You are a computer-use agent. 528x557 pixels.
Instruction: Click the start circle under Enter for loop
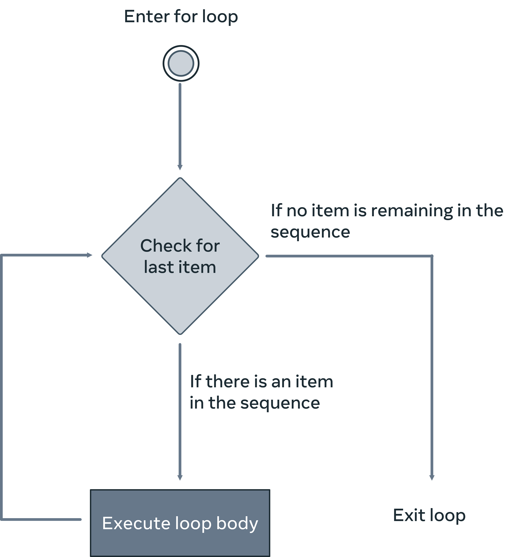tap(181, 63)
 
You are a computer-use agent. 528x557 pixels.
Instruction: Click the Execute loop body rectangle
tap(180, 543)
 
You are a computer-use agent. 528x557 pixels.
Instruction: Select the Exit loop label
tap(429, 515)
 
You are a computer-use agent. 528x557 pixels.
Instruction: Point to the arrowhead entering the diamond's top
tap(180, 168)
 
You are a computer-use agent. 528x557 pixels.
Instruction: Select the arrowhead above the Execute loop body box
tap(180, 478)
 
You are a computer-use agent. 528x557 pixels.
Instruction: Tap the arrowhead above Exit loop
tap(432, 478)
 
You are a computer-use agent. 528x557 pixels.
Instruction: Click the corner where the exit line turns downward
tap(432, 256)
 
